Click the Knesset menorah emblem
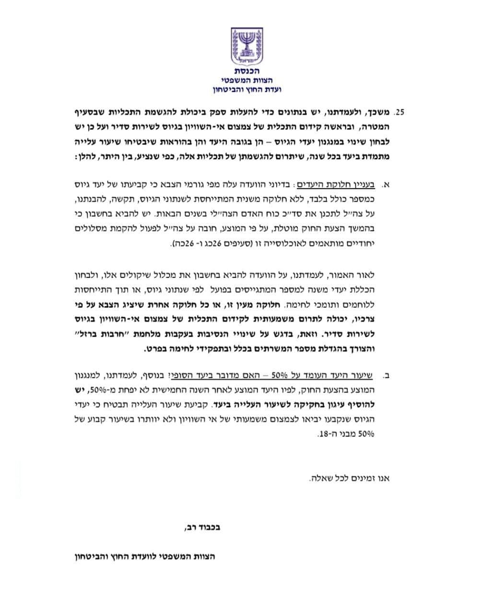pos(247,47)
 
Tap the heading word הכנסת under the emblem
pos(247,72)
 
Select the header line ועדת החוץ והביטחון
pos(247,90)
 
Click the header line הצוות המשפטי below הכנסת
pos(247,81)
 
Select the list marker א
pos(387,184)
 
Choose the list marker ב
pos(387,374)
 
